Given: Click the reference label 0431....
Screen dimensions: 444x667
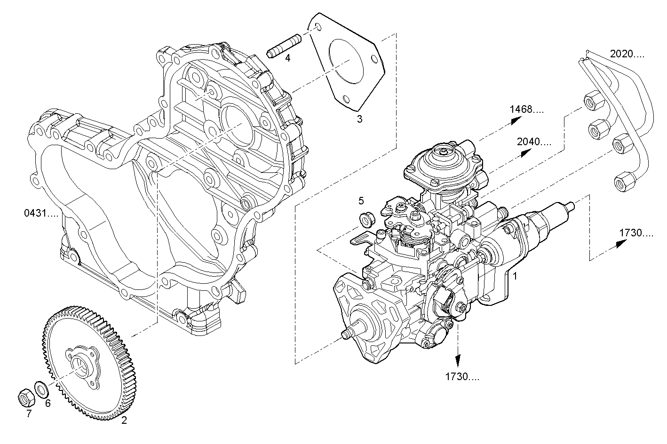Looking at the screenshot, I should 41,213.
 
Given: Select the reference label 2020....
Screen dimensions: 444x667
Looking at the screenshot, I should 627,54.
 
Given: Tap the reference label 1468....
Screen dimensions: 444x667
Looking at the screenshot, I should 526,109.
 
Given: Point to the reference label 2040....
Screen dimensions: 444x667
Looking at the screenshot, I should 533,141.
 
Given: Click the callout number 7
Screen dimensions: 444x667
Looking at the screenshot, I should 29,413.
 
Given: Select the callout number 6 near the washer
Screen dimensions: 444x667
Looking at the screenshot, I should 48,403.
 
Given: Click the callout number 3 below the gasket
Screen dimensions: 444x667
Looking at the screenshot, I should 359,119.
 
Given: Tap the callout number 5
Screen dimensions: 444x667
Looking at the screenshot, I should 361,201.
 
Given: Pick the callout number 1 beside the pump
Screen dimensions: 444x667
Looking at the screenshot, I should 515,276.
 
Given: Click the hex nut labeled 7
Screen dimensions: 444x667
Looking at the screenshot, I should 25,397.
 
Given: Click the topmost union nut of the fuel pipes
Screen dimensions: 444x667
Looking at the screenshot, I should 590,101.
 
